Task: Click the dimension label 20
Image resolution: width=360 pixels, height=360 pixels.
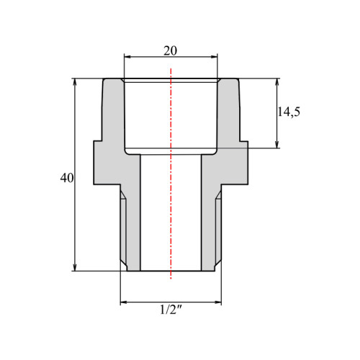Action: [x=170, y=50]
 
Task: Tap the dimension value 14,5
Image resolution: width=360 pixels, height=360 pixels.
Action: [x=289, y=112]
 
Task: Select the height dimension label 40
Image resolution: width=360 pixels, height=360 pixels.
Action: [x=67, y=178]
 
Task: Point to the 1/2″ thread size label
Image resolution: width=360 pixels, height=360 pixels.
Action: [x=171, y=310]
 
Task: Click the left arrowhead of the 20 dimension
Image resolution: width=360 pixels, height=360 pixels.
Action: [x=127, y=57]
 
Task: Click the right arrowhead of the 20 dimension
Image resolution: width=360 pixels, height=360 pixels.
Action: [x=214, y=57]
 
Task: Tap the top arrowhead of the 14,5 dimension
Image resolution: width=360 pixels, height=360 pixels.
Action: [x=277, y=82]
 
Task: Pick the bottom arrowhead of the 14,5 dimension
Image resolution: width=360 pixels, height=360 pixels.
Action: [x=277, y=145]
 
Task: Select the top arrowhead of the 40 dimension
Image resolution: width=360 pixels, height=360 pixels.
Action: [x=75, y=82]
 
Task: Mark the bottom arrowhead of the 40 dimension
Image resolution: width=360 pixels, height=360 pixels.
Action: [x=75, y=267]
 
